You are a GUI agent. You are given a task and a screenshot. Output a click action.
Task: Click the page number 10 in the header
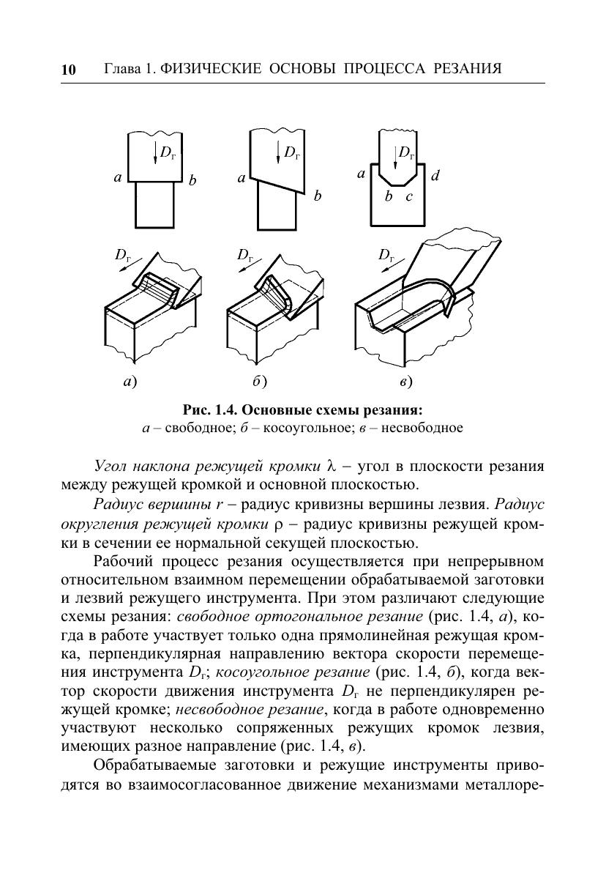tap(68, 70)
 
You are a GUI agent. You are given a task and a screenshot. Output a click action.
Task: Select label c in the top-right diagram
tap(409, 196)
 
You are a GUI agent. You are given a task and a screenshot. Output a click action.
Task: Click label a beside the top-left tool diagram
tap(117, 177)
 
